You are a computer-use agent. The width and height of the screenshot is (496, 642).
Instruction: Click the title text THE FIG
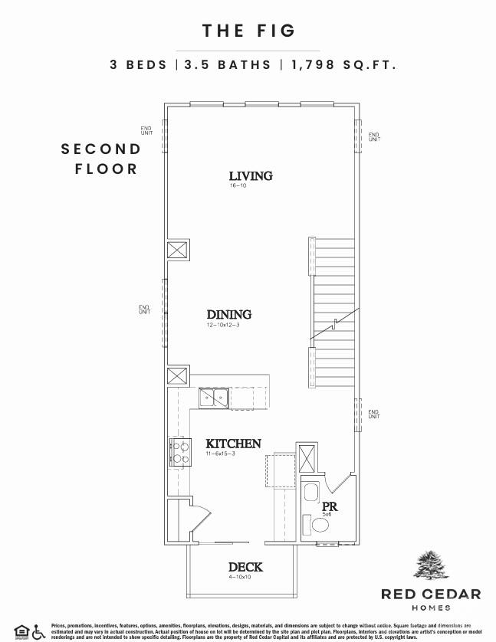(x=248, y=31)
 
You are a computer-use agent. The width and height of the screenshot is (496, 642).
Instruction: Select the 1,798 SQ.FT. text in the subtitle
(x=343, y=65)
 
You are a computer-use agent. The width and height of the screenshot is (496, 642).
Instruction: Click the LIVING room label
(x=251, y=176)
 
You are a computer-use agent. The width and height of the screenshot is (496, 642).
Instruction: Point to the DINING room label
(x=228, y=315)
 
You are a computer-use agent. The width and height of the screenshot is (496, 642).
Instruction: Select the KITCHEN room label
(x=233, y=444)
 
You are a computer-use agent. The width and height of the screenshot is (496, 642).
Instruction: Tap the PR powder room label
(x=330, y=506)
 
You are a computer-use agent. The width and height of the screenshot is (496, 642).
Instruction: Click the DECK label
(x=245, y=567)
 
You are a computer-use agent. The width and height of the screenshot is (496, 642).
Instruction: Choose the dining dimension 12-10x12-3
(x=222, y=326)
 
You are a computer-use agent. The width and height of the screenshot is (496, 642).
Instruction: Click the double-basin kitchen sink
(x=213, y=398)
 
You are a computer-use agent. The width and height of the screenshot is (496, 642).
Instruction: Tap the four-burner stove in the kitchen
(x=179, y=453)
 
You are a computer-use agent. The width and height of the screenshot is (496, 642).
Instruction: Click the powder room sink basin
(x=310, y=493)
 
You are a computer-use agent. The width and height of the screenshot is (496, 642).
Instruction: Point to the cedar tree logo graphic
(x=431, y=566)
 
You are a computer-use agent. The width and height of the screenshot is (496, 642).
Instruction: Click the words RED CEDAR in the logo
(x=431, y=594)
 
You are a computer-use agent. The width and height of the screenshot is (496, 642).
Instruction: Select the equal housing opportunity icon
(x=21, y=631)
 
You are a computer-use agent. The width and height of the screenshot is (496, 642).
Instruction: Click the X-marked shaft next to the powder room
(x=307, y=457)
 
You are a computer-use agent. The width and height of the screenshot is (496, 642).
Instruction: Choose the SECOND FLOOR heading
(x=102, y=159)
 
